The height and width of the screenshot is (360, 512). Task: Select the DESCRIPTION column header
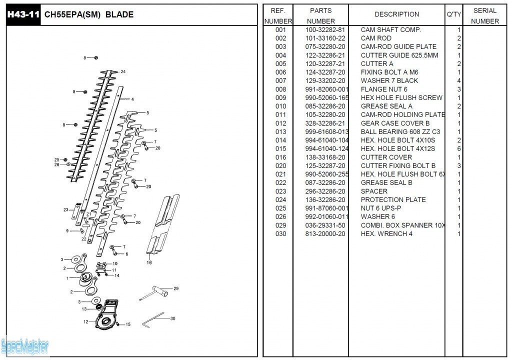point(396,14)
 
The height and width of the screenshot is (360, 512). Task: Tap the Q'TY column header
point(453,14)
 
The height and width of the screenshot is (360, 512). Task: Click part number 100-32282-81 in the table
point(325,30)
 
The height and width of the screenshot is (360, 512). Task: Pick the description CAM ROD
point(376,38)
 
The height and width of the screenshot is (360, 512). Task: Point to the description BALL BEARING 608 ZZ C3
point(400,131)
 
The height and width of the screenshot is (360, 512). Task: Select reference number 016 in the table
point(280,157)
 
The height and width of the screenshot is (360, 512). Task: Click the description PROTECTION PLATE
point(393,199)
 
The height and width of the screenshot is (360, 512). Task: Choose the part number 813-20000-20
point(325,233)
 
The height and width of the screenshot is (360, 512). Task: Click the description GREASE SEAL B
point(386,182)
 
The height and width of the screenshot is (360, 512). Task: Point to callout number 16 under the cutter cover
point(149,262)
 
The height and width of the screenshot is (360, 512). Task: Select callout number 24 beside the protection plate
point(123,71)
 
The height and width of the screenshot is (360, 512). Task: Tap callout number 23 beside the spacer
point(65,209)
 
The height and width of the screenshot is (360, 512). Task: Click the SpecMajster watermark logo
point(25,345)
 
